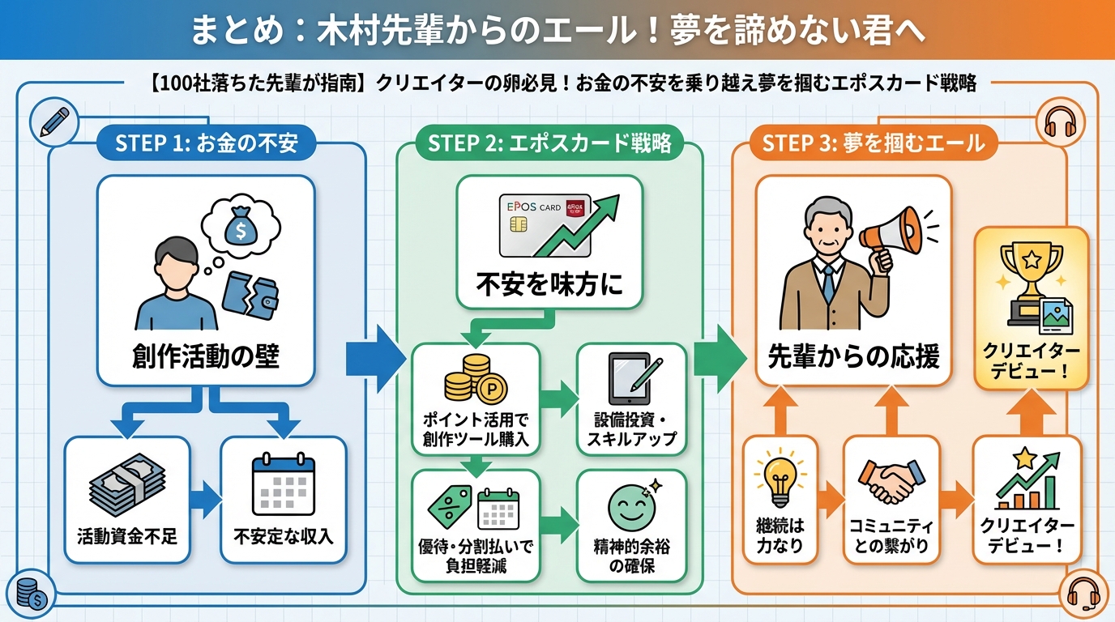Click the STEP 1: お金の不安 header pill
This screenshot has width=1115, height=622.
[x=206, y=144]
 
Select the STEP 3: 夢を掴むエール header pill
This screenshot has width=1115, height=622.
[x=873, y=144]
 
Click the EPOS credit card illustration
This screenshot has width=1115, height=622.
[x=541, y=231]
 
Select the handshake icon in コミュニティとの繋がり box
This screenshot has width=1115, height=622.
[x=891, y=481]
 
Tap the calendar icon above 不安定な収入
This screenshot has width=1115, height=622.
[x=283, y=486]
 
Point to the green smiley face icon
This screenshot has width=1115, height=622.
[x=630, y=507]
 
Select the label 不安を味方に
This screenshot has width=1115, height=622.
[x=549, y=285]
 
